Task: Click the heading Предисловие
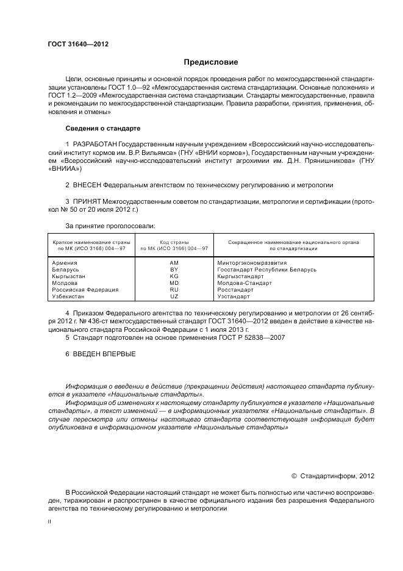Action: [211, 62]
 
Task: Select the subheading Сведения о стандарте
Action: [102, 129]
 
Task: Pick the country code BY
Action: [174, 269]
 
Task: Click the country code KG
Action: [174, 276]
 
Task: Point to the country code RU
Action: [174, 290]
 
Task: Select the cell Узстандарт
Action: [234, 296]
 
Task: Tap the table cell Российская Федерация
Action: [85, 290]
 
